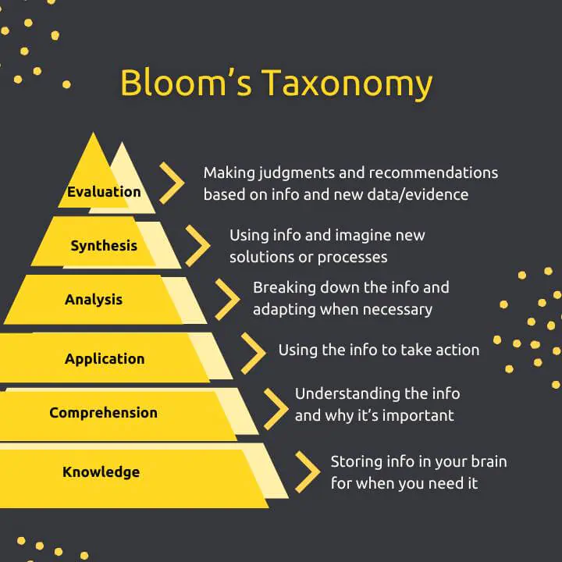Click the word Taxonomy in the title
click(347, 84)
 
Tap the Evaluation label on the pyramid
click(104, 192)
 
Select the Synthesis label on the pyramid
click(104, 246)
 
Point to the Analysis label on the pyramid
click(94, 300)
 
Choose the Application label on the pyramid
click(105, 359)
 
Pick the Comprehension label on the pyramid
click(103, 413)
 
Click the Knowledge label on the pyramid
click(101, 471)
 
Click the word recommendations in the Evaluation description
click(434, 173)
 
